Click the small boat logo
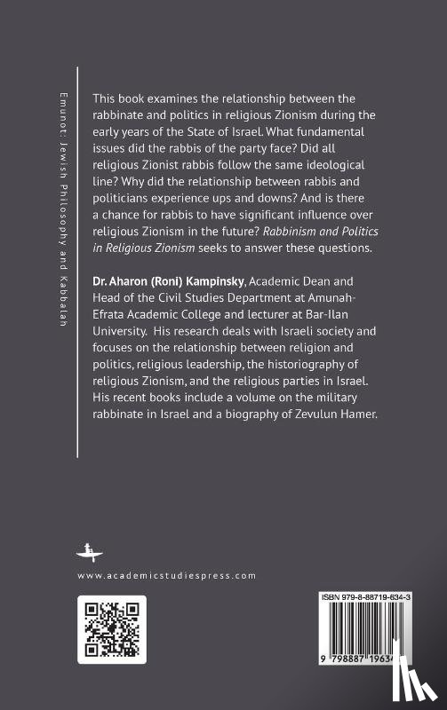87,550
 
